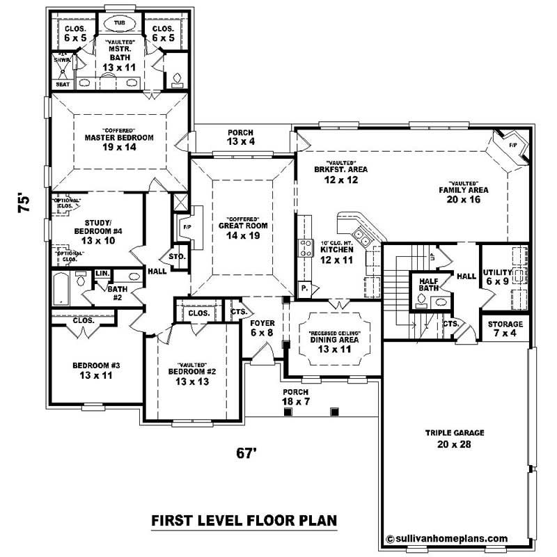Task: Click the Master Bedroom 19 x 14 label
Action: click(119, 142)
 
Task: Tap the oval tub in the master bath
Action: click(119, 23)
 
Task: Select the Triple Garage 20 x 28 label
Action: click(454, 438)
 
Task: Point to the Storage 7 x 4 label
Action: click(505, 328)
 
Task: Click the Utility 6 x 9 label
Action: click(498, 276)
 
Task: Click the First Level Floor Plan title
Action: click(244, 520)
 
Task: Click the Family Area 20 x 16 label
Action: click(463, 194)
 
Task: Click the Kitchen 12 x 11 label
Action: click(337, 253)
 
